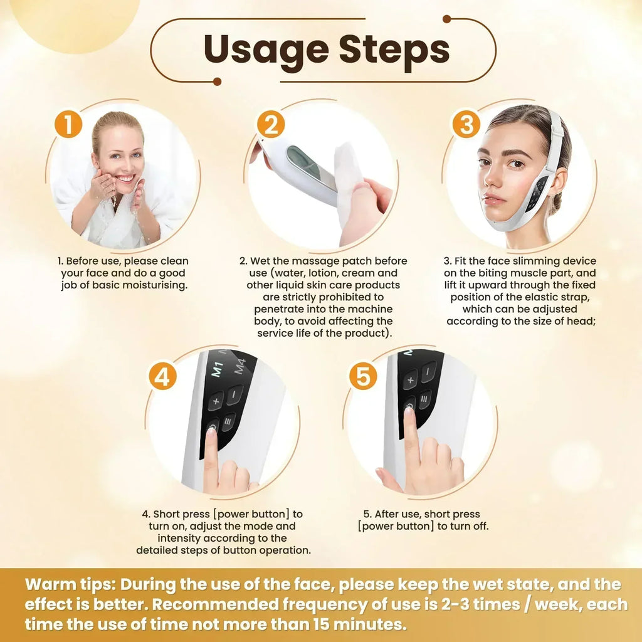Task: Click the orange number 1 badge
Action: tap(68, 124)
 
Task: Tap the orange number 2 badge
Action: tap(270, 125)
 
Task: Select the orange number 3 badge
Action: tap(466, 124)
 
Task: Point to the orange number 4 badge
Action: tap(162, 377)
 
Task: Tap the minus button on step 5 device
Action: tap(429, 371)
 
